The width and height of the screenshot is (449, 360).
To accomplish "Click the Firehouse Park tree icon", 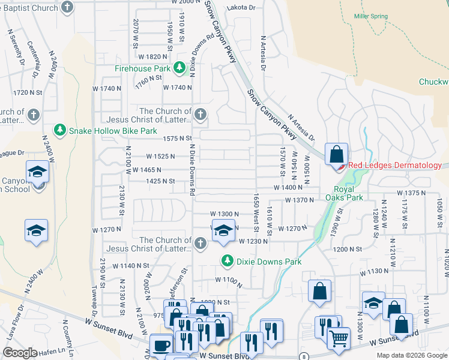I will tap(179, 68).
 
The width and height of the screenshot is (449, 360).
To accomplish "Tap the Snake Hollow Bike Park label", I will tap(113, 130).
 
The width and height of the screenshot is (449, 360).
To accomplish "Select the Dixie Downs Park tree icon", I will tap(227, 260).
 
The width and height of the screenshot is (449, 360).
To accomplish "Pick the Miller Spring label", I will tap(370, 16).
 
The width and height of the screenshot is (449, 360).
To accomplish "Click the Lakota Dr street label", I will tap(241, 8).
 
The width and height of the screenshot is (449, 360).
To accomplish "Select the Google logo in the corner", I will tap(20, 353).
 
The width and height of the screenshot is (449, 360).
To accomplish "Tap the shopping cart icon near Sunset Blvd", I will tap(339, 339).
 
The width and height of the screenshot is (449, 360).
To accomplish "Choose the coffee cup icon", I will tap(161, 345).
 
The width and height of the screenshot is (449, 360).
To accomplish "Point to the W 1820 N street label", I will tap(152, 56).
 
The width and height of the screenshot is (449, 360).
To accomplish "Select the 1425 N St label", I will tap(160, 181).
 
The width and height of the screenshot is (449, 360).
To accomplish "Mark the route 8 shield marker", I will tap(304, 356).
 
